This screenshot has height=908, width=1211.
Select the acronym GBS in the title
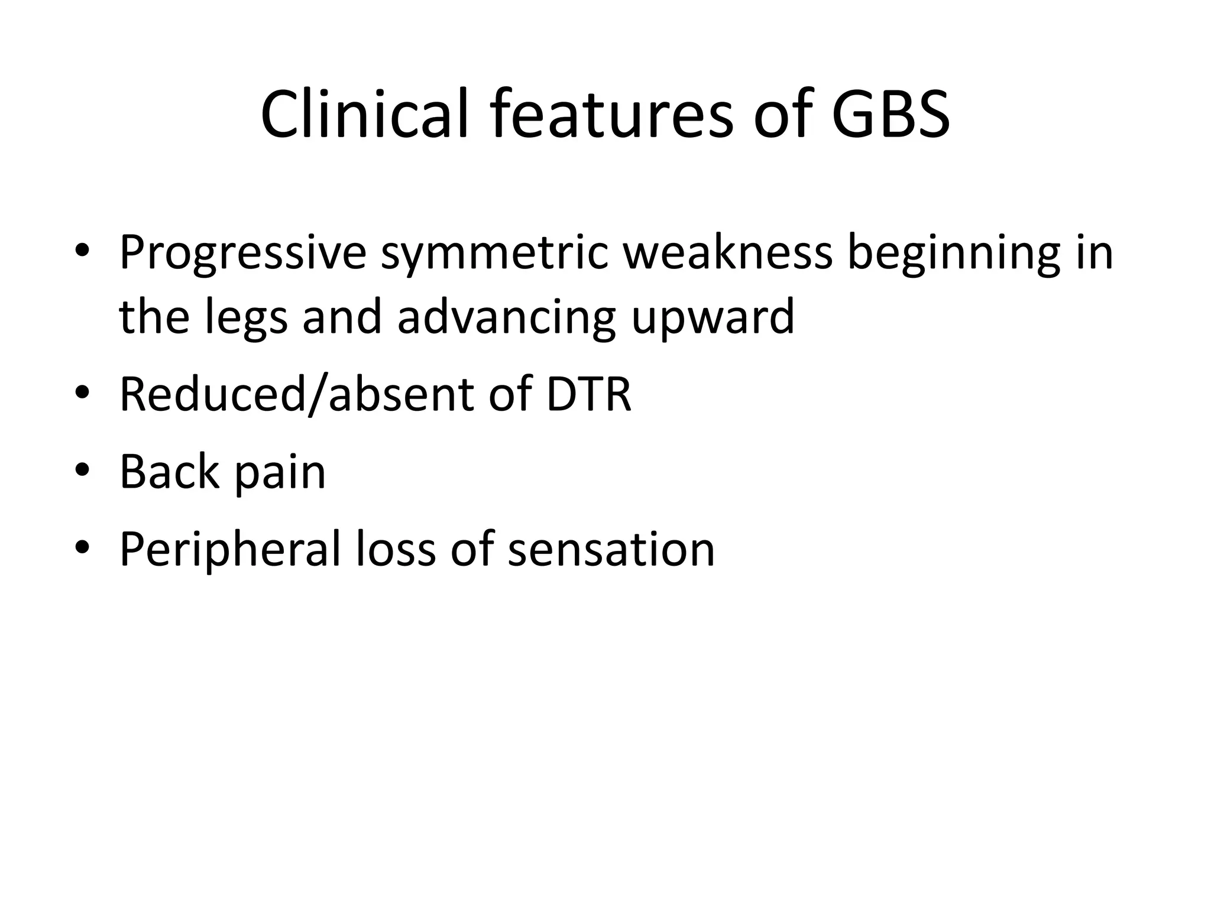pyautogui.click(x=891, y=115)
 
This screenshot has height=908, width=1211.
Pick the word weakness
pyautogui.click(x=728, y=253)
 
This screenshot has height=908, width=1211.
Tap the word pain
pyautogui.click(x=280, y=473)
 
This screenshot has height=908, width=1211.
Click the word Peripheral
pyautogui.click(x=230, y=550)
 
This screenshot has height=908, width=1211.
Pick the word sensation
pyautogui.click(x=611, y=550)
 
